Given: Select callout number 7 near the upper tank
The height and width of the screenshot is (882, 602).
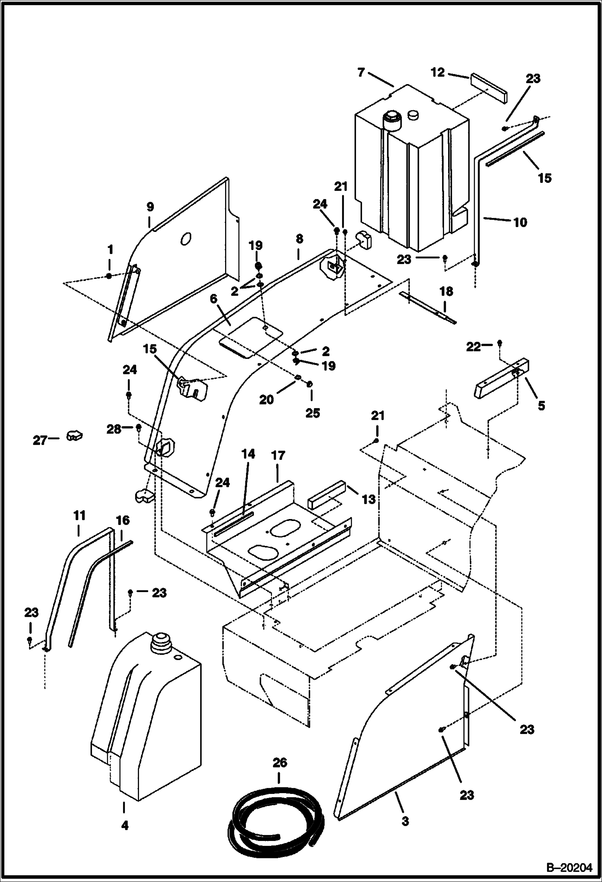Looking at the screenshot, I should point(360,72).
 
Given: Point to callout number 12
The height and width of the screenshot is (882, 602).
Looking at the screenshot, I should point(438,72).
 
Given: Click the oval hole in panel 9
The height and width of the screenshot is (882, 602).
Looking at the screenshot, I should point(185,239).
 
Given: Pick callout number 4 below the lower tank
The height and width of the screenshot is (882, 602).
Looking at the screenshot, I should point(125,826).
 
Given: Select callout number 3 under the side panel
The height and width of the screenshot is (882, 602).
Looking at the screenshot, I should point(405,821).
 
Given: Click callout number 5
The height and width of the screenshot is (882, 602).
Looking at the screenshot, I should point(541,406).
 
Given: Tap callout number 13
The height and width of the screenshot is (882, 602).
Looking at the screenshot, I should point(369,499).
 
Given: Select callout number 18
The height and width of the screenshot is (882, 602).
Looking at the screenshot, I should point(446,291).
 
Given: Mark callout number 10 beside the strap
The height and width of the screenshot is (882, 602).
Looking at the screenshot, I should point(520,222).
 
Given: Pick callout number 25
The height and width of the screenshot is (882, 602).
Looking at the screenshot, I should point(313,413).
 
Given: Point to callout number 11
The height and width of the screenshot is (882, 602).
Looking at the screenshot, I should point(79,515).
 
